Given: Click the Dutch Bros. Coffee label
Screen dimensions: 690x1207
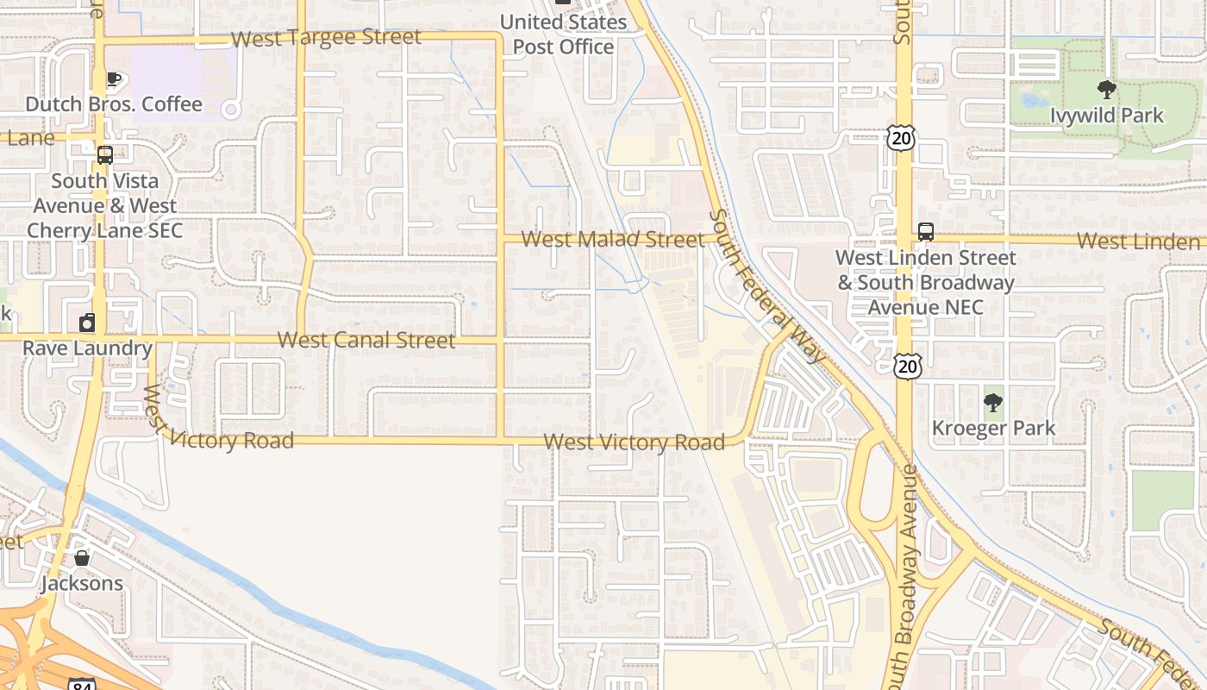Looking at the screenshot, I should (x=114, y=104).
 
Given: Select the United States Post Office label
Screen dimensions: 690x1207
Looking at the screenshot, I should (x=564, y=34).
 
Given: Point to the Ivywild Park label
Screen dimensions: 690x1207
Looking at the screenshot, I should (x=1106, y=115).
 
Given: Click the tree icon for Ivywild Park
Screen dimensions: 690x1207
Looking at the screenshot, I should (x=1106, y=90).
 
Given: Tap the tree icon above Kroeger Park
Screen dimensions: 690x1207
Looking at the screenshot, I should (x=993, y=402).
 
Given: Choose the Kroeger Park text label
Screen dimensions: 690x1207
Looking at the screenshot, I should (x=993, y=428).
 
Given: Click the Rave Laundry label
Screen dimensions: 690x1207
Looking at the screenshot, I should (x=87, y=348).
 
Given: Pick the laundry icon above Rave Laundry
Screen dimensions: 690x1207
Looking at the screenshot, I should (x=87, y=323).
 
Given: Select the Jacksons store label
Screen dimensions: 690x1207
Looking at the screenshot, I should (x=82, y=583).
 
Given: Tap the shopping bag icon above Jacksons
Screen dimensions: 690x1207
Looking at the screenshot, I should (x=82, y=558).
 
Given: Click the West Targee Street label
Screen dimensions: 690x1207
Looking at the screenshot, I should (x=326, y=38).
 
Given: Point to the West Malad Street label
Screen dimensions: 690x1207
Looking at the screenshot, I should (x=613, y=239).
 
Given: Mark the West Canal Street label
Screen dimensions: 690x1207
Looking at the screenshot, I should (x=366, y=340).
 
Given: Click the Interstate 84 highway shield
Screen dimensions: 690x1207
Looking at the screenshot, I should (x=81, y=684).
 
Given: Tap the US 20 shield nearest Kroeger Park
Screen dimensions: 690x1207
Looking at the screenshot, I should (x=907, y=366).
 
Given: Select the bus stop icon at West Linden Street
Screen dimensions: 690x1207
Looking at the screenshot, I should (x=926, y=232).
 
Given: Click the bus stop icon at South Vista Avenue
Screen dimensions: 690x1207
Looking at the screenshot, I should (x=105, y=155).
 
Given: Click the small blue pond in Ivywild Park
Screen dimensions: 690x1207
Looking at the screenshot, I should (x=1032, y=101).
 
